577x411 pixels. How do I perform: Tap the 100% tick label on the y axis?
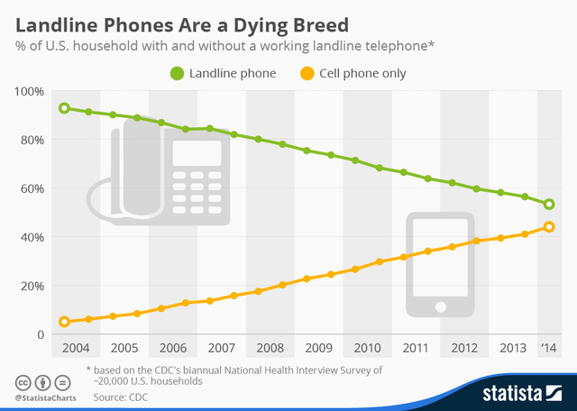pos(30,91)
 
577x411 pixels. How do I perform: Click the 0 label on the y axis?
pos(40,334)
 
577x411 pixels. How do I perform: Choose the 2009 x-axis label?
pos(317,348)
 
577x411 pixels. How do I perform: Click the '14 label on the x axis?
pos(549,348)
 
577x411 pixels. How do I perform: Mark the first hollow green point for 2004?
pos(64,108)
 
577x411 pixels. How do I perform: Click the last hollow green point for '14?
pos(549,204)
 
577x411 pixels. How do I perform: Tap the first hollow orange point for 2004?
pos(64,322)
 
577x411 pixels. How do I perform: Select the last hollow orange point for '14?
pos(549,227)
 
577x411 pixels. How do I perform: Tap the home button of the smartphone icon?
pos(440,307)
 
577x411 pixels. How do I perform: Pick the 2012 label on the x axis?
pos(465,348)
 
